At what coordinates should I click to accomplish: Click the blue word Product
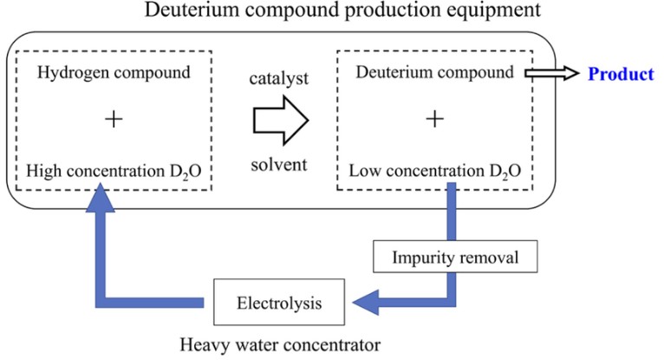click(621, 74)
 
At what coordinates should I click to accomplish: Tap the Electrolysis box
click(278, 304)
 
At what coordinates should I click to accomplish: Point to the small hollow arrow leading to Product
click(556, 74)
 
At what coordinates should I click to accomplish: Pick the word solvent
click(279, 165)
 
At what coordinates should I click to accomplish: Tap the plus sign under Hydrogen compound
click(113, 120)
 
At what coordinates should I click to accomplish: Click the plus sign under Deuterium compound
click(433, 120)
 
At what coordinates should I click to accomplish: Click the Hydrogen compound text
click(114, 72)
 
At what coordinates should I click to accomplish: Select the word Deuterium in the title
click(179, 13)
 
